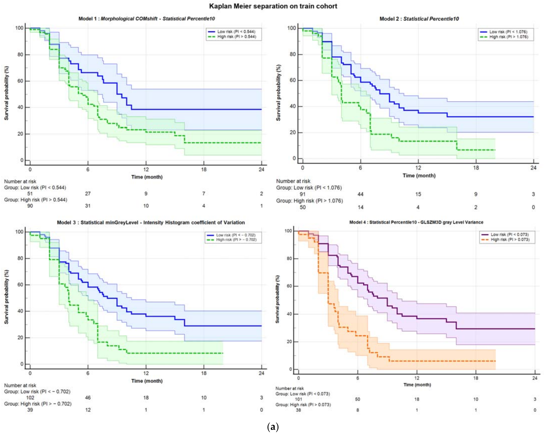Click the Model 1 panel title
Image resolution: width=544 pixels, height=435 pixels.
tap(147, 19)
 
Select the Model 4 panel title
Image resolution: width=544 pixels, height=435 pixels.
tap(416, 222)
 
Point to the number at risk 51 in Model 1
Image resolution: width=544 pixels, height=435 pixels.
tap(30, 194)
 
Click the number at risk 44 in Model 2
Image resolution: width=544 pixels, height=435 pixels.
tap(360, 194)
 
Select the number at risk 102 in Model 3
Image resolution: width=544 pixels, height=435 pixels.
tap(30, 398)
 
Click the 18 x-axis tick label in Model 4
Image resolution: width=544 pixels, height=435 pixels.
tap(476, 378)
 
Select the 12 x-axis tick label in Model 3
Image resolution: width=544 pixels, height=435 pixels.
tap(146, 373)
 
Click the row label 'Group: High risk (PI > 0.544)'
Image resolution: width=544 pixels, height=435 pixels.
tap(36, 200)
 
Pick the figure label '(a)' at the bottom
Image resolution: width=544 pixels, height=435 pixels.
tap(273, 427)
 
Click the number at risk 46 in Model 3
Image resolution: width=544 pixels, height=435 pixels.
tap(88, 398)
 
